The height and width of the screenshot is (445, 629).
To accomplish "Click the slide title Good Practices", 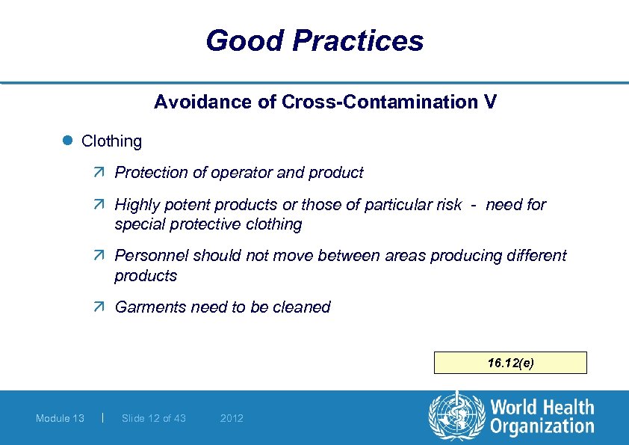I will (x=314, y=40).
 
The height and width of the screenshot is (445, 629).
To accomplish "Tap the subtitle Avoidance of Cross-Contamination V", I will (x=325, y=102).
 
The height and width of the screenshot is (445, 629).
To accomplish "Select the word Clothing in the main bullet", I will (x=111, y=141).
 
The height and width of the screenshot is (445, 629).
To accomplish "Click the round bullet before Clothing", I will (x=68, y=141).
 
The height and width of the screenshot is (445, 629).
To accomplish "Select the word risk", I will (x=447, y=205).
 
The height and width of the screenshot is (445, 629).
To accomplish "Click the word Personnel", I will (x=152, y=256).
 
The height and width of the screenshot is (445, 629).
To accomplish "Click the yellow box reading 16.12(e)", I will (x=511, y=363).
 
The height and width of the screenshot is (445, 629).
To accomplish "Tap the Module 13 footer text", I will (x=60, y=418).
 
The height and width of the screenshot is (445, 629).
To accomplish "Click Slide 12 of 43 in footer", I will (x=153, y=418).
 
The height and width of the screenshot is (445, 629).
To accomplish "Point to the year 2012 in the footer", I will (x=232, y=418).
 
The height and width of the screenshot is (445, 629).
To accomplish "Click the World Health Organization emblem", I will (x=456, y=417).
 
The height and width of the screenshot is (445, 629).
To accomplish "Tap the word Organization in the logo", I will (x=542, y=427).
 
